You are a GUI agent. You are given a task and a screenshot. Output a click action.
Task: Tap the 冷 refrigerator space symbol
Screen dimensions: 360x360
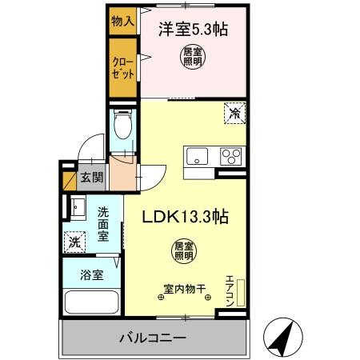coord(234,113)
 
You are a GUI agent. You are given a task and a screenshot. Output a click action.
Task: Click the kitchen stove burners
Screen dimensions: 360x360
coord(230,156)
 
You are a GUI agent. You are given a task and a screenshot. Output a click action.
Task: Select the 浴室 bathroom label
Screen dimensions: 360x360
coord(90,274)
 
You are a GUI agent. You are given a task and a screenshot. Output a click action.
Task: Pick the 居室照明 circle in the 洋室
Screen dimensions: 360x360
coord(191,58)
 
